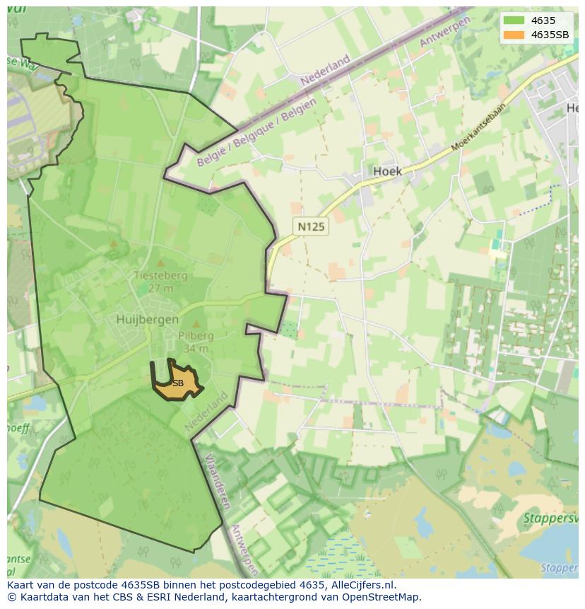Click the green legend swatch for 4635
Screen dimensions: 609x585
(x=514, y=21)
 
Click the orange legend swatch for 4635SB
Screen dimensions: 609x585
(x=514, y=35)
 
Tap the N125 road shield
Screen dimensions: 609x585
(x=311, y=227)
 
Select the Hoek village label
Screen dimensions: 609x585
(x=386, y=171)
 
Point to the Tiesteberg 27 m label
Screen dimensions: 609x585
(x=161, y=281)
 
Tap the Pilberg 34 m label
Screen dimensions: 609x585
(x=196, y=342)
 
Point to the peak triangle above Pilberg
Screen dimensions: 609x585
(x=196, y=325)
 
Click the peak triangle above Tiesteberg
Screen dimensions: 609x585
(x=114, y=244)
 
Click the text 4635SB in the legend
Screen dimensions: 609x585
(x=550, y=35)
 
